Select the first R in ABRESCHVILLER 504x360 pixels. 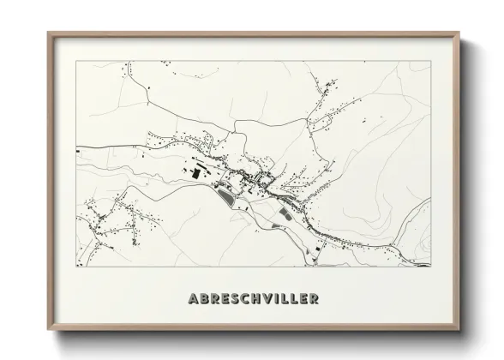(x=213, y=299)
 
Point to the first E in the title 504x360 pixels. (x=224, y=299)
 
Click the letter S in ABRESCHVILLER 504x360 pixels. (x=234, y=299)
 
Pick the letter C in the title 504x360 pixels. (x=244, y=299)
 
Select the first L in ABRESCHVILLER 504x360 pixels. (x=285, y=299)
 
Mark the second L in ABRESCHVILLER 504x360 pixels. (x=294, y=299)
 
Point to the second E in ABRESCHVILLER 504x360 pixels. (x=303, y=299)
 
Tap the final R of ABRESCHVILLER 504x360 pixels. (x=315, y=299)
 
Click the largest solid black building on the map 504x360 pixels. (x=194, y=173)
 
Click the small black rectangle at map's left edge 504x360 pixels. (x=78, y=152)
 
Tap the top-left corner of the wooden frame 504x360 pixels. (x=48, y=33)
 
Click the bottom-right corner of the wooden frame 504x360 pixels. (x=460, y=331)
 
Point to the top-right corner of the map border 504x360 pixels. (x=429, y=62)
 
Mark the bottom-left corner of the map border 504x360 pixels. (x=76, y=266)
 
